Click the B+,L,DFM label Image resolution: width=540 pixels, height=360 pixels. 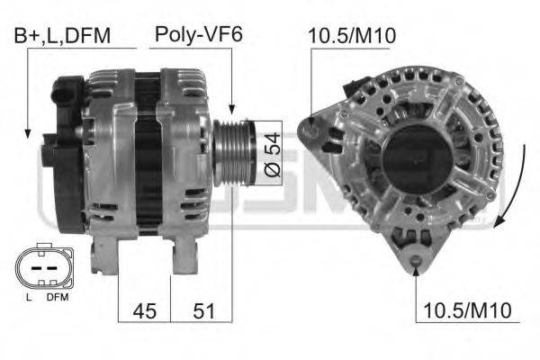61,35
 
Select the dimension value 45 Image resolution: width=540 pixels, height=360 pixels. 145,310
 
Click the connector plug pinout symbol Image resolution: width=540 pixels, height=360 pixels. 40,268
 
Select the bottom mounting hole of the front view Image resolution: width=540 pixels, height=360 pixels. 415,263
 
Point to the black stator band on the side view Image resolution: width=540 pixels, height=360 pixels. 147,153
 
